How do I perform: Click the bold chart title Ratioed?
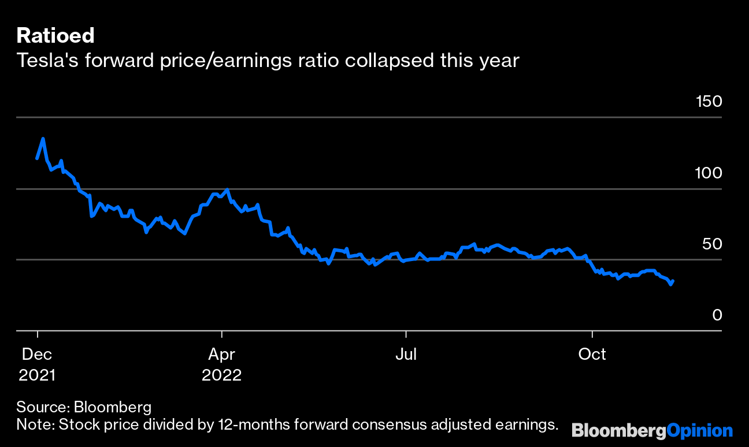click(55, 36)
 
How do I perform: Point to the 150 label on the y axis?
click(709, 102)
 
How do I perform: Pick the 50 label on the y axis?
click(712, 244)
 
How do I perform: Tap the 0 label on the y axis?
click(717, 315)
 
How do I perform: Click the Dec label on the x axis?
click(37, 354)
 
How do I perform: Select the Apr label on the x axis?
click(221, 354)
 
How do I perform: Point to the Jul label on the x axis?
click(406, 354)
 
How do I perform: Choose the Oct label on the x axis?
click(592, 354)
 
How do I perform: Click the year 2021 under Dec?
click(37, 375)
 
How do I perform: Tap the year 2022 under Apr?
click(221, 375)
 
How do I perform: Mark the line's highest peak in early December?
click(43, 139)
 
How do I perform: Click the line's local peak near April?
click(228, 189)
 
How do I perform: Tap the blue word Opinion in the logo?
click(700, 431)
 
